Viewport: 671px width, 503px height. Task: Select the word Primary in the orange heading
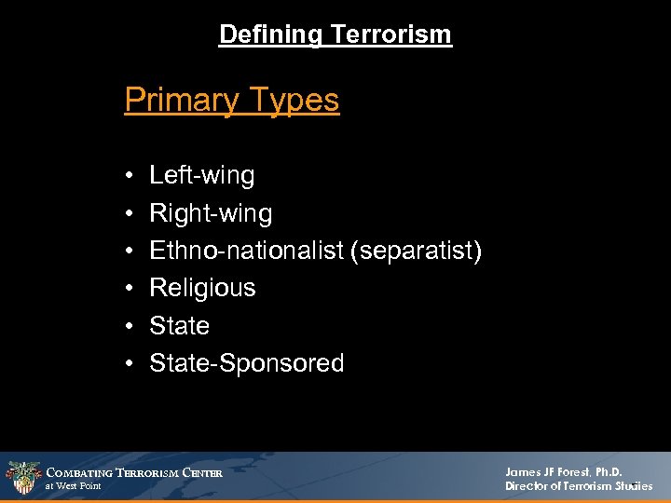(176, 100)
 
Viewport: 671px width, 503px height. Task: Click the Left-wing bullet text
(201, 175)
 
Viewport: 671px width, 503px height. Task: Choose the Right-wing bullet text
(211, 213)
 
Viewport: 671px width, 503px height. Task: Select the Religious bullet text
(202, 288)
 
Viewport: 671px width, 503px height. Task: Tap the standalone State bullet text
(179, 326)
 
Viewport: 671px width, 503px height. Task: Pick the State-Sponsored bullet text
(247, 363)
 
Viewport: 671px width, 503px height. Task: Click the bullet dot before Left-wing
(127, 176)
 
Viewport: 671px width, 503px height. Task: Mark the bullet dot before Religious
(127, 289)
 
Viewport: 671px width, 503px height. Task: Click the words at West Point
(73, 486)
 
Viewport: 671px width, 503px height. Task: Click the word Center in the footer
(202, 473)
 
